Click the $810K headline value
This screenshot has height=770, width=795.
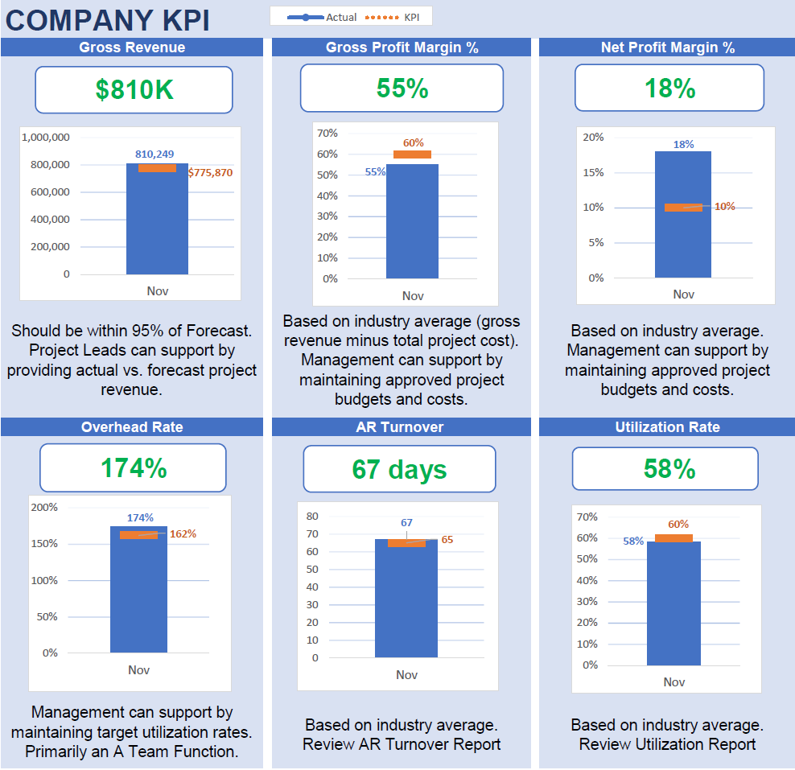[134, 90]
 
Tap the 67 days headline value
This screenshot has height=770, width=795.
[399, 469]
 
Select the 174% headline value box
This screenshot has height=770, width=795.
[133, 468]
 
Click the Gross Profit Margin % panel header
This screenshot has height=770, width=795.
[402, 47]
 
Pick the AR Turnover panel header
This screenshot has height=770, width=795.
[400, 427]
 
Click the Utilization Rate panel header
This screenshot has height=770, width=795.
[667, 427]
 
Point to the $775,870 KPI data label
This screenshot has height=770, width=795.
[210, 172]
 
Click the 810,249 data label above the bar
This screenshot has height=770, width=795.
[154, 154]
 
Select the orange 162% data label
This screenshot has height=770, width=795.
[183, 533]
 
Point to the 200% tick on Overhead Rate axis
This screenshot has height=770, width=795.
[44, 507]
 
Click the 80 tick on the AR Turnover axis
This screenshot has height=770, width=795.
[312, 516]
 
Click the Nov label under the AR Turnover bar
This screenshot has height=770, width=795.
[406, 674]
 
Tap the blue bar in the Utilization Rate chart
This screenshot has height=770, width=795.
[673, 603]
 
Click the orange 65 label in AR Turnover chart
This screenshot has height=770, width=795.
[447, 540]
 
